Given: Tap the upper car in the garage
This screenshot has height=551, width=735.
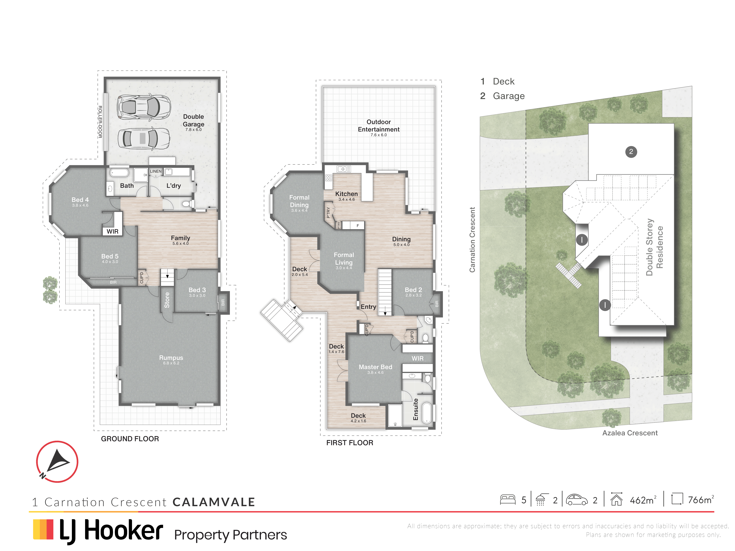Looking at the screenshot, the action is point(144,107).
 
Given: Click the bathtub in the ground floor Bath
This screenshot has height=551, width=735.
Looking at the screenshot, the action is point(119,173).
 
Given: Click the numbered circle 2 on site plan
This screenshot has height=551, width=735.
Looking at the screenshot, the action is point(631,152).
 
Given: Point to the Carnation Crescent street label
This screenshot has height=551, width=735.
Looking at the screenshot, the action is point(472,240).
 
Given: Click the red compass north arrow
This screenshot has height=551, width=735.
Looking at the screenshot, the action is point(57,462).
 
